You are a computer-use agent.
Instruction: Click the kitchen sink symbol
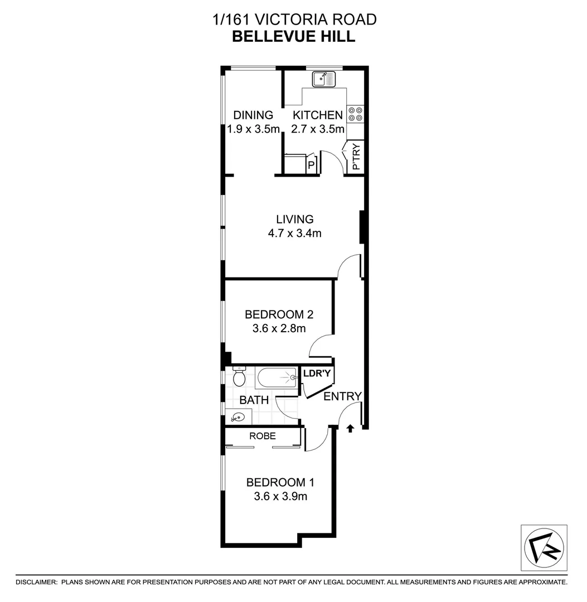click(x=324, y=79)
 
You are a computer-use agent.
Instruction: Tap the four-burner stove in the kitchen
click(x=355, y=114)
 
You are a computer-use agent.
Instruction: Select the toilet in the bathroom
click(x=239, y=377)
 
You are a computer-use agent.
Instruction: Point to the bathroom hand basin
click(x=238, y=416)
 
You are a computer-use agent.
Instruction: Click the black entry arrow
click(x=350, y=428)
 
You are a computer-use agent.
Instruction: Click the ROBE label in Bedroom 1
click(x=263, y=436)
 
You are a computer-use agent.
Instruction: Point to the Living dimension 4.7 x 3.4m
click(x=294, y=234)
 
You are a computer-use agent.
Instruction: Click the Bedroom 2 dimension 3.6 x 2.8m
click(x=275, y=328)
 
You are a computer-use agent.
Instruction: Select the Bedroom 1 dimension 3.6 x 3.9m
click(x=277, y=496)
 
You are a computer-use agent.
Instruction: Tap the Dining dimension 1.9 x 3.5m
click(x=253, y=129)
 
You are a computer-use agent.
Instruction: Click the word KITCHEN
click(x=318, y=115)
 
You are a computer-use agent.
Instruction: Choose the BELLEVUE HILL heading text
click(x=294, y=37)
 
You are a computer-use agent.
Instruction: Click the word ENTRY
click(x=343, y=396)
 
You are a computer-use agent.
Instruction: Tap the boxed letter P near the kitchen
click(x=312, y=166)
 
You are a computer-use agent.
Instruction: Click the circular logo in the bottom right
click(x=544, y=547)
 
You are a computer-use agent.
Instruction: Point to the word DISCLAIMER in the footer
click(x=36, y=582)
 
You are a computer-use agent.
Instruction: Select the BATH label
click(x=254, y=400)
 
